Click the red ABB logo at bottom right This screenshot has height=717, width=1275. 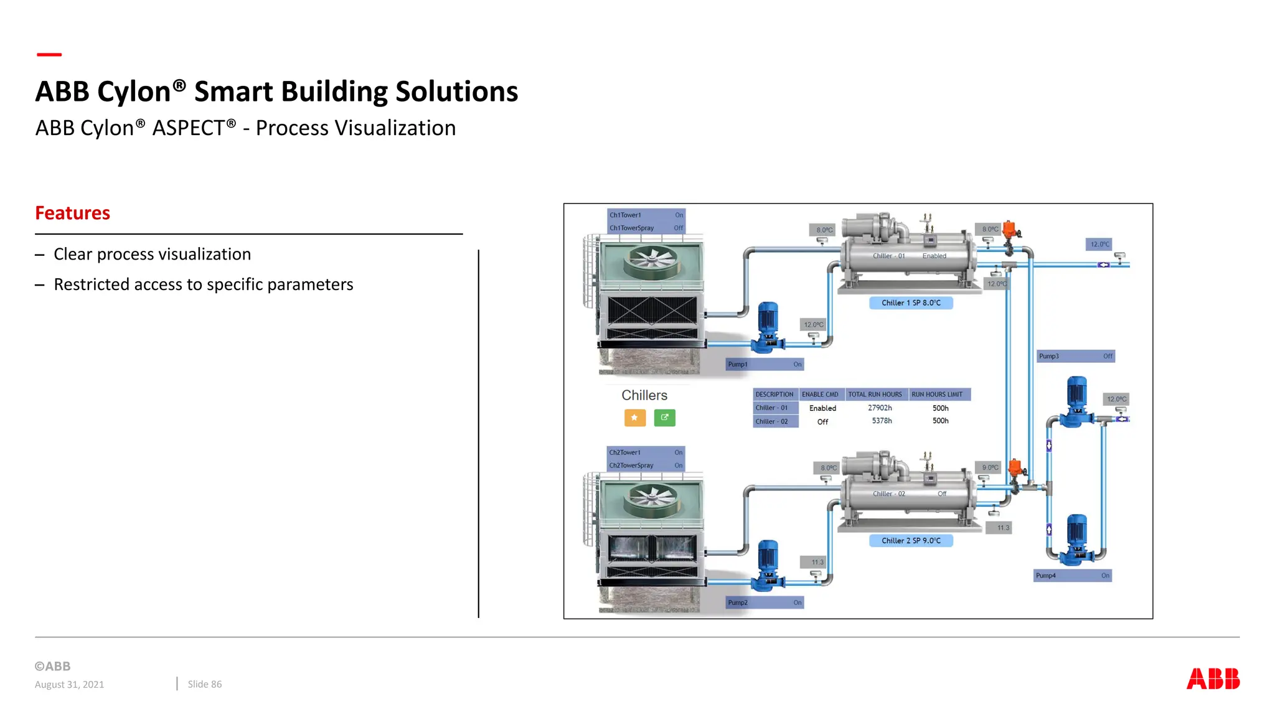1212,678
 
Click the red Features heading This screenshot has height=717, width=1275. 72,213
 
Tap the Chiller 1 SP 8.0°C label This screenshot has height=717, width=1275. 910,303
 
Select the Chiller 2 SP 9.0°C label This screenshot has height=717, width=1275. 910,541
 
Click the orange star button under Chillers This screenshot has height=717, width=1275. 634,418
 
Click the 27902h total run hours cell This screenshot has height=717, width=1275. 880,408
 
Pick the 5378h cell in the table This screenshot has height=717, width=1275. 882,421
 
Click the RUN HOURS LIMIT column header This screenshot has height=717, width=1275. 937,395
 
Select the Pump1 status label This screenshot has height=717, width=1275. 765,365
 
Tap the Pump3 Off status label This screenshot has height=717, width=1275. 1075,357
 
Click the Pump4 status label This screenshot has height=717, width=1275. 1072,576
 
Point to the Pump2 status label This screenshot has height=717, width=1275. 765,602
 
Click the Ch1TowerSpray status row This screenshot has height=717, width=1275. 646,228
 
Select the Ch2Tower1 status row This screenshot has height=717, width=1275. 646,452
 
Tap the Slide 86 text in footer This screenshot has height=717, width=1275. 204,684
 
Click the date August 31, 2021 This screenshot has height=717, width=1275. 69,685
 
